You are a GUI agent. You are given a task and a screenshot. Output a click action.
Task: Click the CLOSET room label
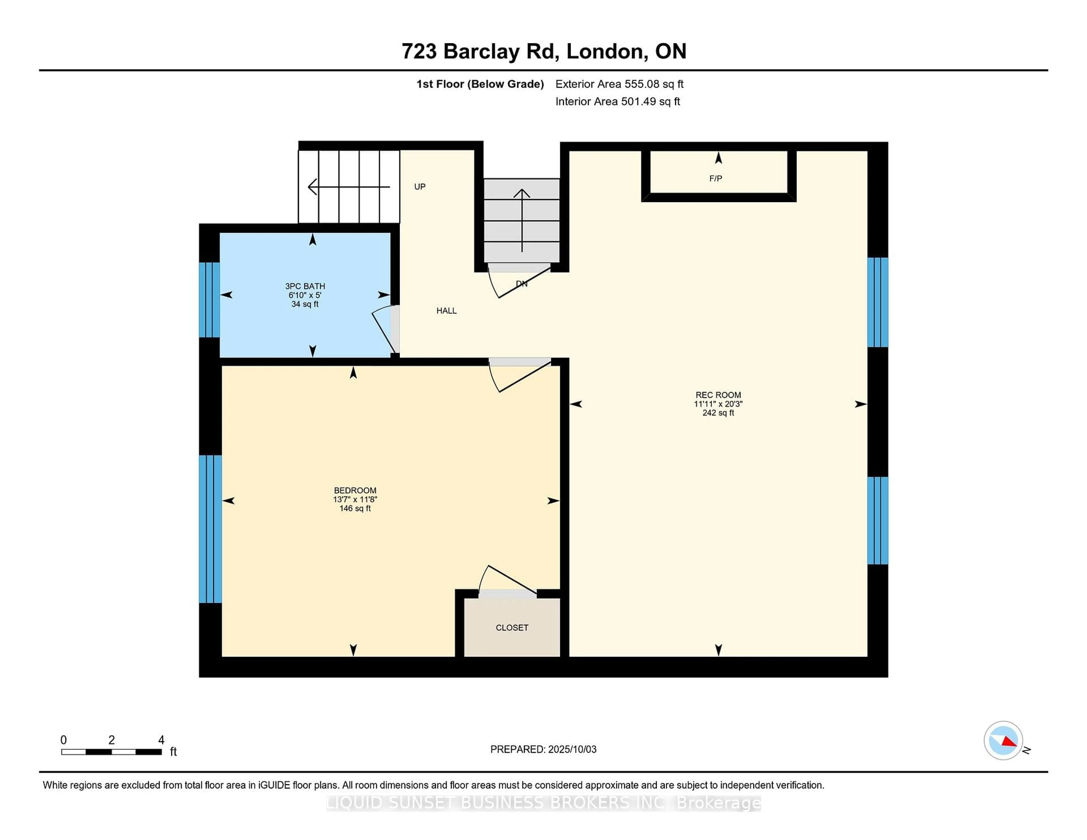click(x=512, y=627)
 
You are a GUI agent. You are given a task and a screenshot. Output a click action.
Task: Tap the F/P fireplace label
click(x=715, y=178)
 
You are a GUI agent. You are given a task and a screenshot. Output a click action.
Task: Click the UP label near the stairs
click(x=420, y=187)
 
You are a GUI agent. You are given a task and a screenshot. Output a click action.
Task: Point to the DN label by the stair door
click(x=521, y=284)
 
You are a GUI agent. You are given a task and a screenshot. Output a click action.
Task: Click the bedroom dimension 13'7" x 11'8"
click(x=355, y=499)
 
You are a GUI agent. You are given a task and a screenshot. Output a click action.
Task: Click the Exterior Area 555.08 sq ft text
click(x=619, y=84)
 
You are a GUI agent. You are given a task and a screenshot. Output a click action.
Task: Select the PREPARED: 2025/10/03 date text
click(x=543, y=749)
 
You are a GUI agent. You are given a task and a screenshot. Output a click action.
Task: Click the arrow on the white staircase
click(x=348, y=187)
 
